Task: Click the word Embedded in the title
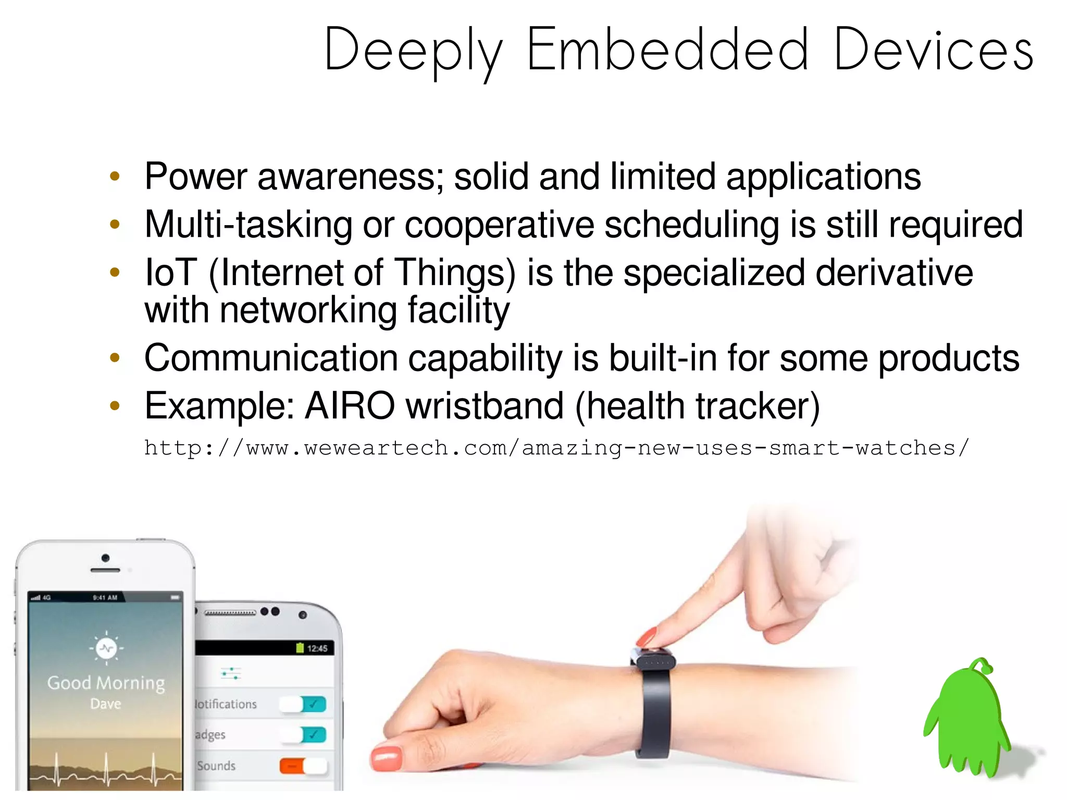tap(667, 50)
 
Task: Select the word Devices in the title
tap(933, 50)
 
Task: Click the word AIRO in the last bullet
tap(350, 405)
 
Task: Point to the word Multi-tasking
tap(249, 225)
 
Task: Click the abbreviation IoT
tap(170, 273)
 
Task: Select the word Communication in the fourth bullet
tap(271, 358)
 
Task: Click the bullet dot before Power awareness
tap(115, 177)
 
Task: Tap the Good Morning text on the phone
tap(106, 683)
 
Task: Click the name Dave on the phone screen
tap(106, 704)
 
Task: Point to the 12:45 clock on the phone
tap(317, 648)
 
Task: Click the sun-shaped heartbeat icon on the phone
tap(106, 648)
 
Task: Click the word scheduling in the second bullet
tap(691, 225)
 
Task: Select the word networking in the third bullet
tap(308, 311)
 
